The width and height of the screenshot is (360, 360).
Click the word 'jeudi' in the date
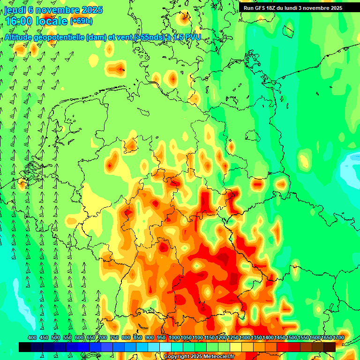coord(15,10)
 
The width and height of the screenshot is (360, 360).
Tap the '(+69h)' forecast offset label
coord(81,21)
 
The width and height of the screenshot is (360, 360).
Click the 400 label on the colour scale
coord(32,338)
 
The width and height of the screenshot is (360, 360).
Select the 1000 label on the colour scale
coord(174,338)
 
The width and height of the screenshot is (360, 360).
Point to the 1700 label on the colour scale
coord(338,338)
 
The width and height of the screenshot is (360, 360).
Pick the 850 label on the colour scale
coord(138,338)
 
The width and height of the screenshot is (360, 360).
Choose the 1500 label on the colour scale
coord(292,338)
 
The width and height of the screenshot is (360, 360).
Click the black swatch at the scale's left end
coord(24,347)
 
